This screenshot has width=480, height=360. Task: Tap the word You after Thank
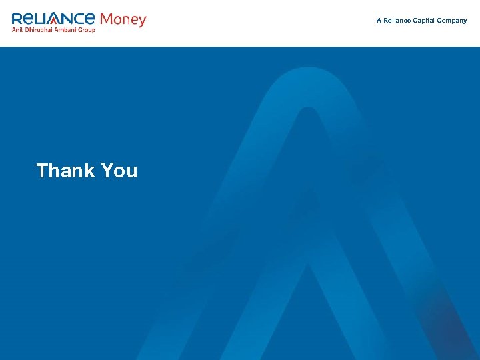tap(120, 171)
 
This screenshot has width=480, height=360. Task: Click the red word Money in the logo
tap(123, 19)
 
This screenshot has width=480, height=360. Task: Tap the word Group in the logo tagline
tap(89, 30)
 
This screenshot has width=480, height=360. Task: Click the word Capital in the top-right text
tap(425, 21)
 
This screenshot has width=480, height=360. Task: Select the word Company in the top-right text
tap(452, 21)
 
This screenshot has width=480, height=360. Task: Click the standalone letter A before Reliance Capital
tap(379, 21)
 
